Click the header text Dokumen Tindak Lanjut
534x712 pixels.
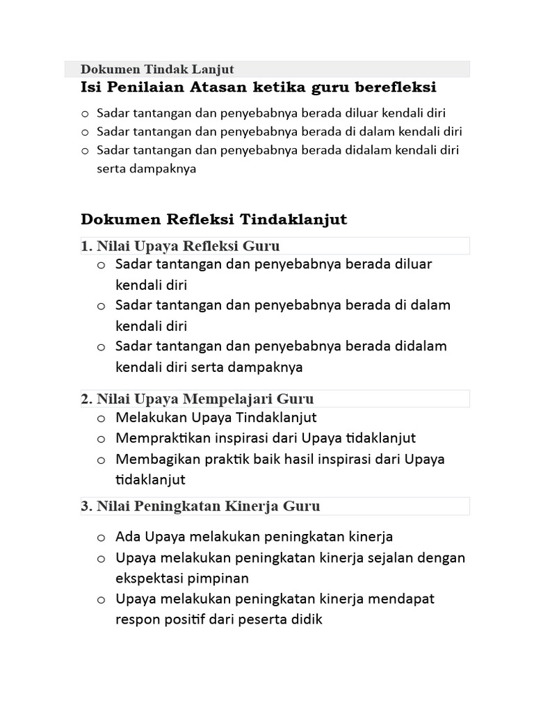[x=157, y=69]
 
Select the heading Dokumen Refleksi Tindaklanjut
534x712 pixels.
[x=213, y=220]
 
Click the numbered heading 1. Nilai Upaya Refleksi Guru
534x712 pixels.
[x=180, y=245]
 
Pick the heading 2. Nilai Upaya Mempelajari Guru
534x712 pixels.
[x=197, y=398]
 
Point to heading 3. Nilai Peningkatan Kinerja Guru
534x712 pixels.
[x=200, y=505]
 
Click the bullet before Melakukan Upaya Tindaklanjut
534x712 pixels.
[x=102, y=418]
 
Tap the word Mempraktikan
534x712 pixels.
[x=157, y=439]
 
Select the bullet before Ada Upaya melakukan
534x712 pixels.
[x=102, y=537]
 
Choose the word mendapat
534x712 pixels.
[x=404, y=599]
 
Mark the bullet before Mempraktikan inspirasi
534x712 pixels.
[x=102, y=439]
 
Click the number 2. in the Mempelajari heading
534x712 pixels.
[x=87, y=398]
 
